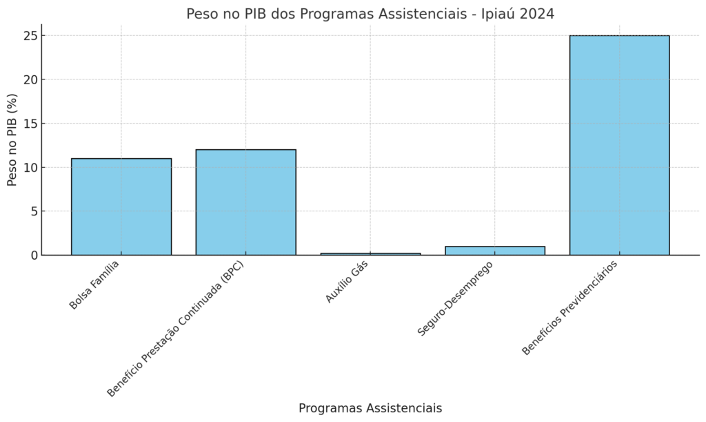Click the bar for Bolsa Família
click(121, 207)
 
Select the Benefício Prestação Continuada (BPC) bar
click(245, 202)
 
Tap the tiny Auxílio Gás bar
click(370, 253)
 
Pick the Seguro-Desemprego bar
click(495, 251)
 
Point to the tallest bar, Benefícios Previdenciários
click(619, 145)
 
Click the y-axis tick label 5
click(32, 211)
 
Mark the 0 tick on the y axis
click(32, 256)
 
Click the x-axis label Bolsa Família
click(94, 285)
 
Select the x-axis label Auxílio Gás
click(347, 281)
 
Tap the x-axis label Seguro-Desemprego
click(455, 298)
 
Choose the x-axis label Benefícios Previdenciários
click(569, 308)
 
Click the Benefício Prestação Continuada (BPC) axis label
click(176, 329)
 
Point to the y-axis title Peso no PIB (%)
click(12, 140)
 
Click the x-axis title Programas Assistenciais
click(370, 408)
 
